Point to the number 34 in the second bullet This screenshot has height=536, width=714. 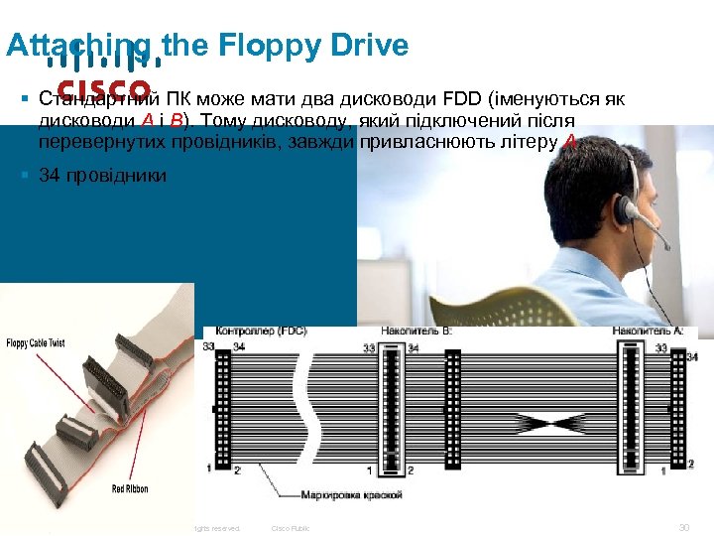point(48,176)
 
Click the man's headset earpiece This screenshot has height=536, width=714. point(627,209)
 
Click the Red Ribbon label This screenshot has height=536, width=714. point(133,489)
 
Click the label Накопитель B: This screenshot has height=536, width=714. point(416,331)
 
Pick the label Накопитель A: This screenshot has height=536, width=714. point(648,331)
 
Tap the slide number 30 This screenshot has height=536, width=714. point(682,528)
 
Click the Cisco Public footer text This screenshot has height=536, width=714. point(291,528)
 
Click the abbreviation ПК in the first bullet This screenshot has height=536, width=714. point(178,99)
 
